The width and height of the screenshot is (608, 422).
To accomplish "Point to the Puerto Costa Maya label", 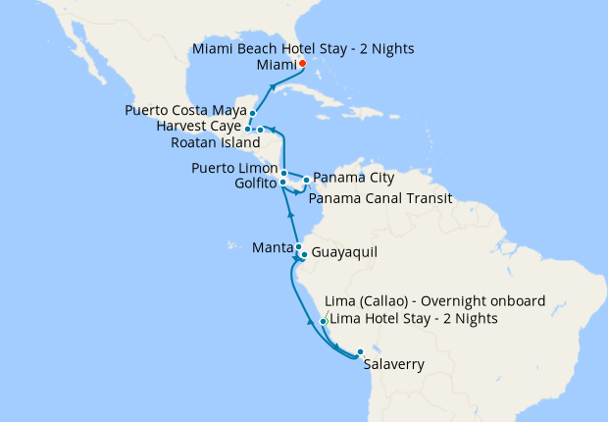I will [x=185, y=111].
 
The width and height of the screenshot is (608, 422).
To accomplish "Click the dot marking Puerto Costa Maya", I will [x=252, y=114].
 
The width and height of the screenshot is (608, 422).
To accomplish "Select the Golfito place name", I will [x=256, y=184].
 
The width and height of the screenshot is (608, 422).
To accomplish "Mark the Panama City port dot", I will [x=306, y=180].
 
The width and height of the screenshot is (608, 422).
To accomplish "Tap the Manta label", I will [x=271, y=246].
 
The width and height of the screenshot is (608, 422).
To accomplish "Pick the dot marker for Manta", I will [x=298, y=247].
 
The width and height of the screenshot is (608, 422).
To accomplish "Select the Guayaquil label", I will [x=343, y=253].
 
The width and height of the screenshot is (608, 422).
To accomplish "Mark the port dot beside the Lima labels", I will [x=324, y=321].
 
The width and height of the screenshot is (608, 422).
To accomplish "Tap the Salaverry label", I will [x=393, y=365].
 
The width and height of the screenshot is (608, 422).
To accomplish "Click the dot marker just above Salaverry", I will [x=360, y=351].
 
